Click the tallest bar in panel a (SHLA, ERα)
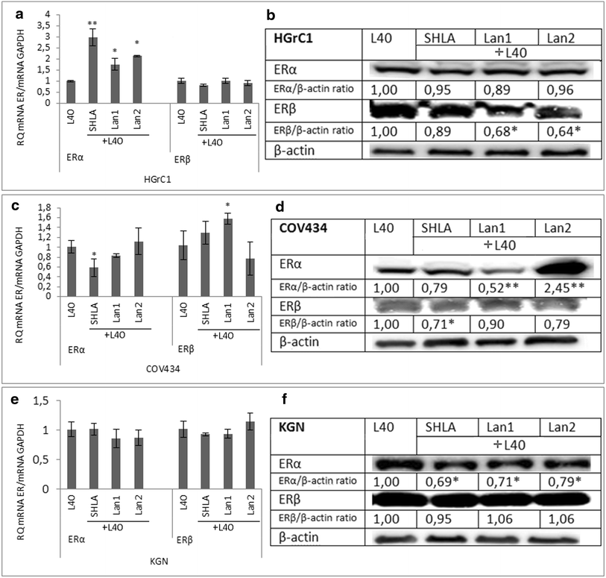pos(92,71)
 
